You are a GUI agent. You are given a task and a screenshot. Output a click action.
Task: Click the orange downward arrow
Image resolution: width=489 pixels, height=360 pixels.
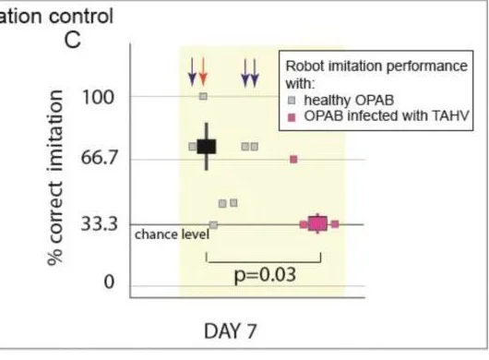point(203,72)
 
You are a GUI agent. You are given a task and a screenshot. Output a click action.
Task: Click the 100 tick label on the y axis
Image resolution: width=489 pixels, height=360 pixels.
point(98,97)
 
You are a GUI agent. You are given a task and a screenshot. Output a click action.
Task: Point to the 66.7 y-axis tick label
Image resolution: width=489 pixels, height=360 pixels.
point(99,157)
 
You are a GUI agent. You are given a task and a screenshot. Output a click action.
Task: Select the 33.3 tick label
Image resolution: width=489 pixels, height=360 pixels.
point(99,224)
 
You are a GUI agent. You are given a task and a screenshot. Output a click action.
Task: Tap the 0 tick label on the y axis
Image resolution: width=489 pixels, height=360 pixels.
point(109,282)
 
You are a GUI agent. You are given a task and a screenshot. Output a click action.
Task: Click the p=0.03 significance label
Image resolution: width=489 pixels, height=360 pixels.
point(265,275)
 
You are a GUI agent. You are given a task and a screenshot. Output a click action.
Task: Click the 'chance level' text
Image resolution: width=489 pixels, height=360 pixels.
point(172,234)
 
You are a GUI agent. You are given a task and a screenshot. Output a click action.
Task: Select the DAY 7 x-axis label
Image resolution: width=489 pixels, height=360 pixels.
point(231,331)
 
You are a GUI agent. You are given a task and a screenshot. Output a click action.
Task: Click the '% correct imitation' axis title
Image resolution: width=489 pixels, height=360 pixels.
point(55,177)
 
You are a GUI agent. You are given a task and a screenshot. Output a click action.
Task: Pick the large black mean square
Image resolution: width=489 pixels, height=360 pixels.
point(206,147)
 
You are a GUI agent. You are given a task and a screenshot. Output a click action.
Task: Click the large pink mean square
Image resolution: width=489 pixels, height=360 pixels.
point(317,223)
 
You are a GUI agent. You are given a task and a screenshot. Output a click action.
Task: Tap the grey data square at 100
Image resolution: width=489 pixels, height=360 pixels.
point(203,96)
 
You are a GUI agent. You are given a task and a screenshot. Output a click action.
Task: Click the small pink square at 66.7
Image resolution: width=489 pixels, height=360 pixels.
point(293,160)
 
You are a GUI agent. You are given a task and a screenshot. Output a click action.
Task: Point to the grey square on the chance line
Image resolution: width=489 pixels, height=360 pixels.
point(213,225)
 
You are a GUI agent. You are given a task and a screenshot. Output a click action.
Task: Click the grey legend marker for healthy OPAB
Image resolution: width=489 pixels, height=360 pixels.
point(292,101)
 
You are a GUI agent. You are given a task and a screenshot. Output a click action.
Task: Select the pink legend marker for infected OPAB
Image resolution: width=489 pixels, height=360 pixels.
point(292,117)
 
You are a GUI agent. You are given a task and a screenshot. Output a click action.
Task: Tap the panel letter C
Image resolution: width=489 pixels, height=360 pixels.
point(73,41)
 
